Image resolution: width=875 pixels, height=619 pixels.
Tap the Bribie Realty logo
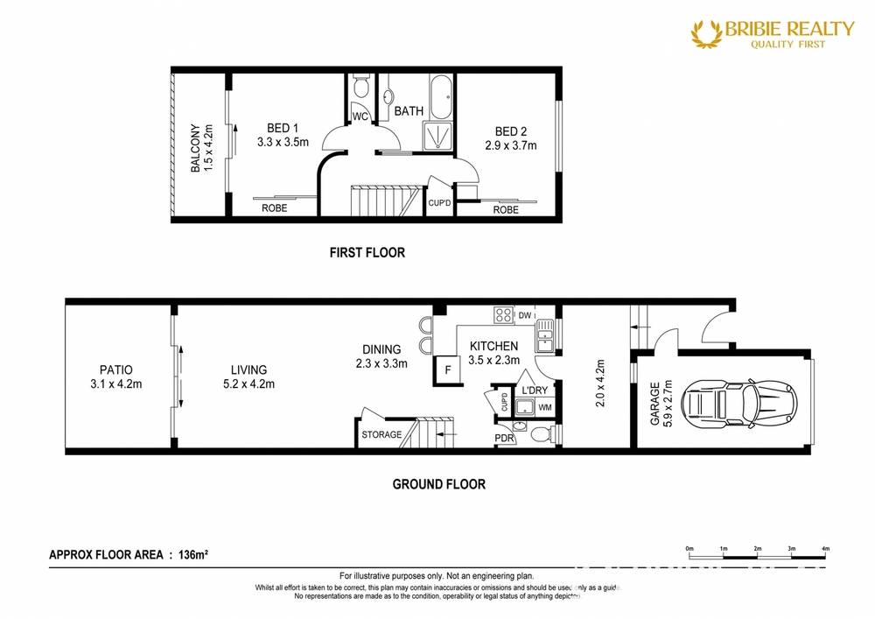coord(772,33)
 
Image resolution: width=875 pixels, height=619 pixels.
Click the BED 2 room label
coord(510,131)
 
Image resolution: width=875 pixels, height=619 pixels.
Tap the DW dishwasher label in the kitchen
coord(525,315)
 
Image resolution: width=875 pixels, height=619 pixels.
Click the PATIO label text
coord(115,370)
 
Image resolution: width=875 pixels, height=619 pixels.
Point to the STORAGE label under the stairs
coord(382,434)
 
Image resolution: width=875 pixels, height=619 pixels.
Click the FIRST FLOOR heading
coord(367,253)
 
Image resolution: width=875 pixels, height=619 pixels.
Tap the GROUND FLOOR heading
coord(438,484)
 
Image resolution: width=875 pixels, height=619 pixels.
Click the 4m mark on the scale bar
coord(825,549)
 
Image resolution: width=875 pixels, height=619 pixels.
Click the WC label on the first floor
coord(360,116)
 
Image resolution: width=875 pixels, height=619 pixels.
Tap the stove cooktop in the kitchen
coord(503,314)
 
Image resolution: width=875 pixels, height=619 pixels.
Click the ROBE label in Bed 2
coord(505,209)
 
